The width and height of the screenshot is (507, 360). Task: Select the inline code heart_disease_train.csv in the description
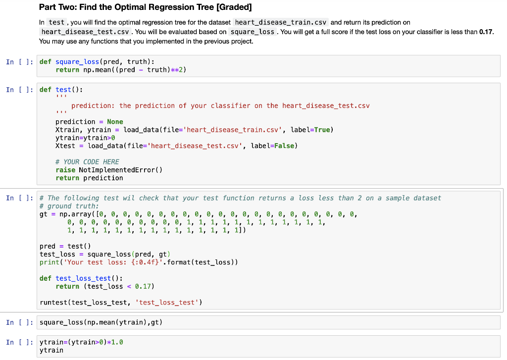coord(280,22)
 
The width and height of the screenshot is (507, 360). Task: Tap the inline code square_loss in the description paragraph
coord(253,32)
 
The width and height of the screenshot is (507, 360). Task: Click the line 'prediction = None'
coord(89,122)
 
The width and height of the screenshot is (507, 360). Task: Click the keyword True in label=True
coord(322,130)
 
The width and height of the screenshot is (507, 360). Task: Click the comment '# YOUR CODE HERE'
coord(87,162)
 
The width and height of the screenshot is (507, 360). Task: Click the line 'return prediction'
coord(89,178)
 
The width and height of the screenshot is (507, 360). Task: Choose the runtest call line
coord(121,302)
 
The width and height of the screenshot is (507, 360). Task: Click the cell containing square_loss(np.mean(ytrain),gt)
coord(101,322)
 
